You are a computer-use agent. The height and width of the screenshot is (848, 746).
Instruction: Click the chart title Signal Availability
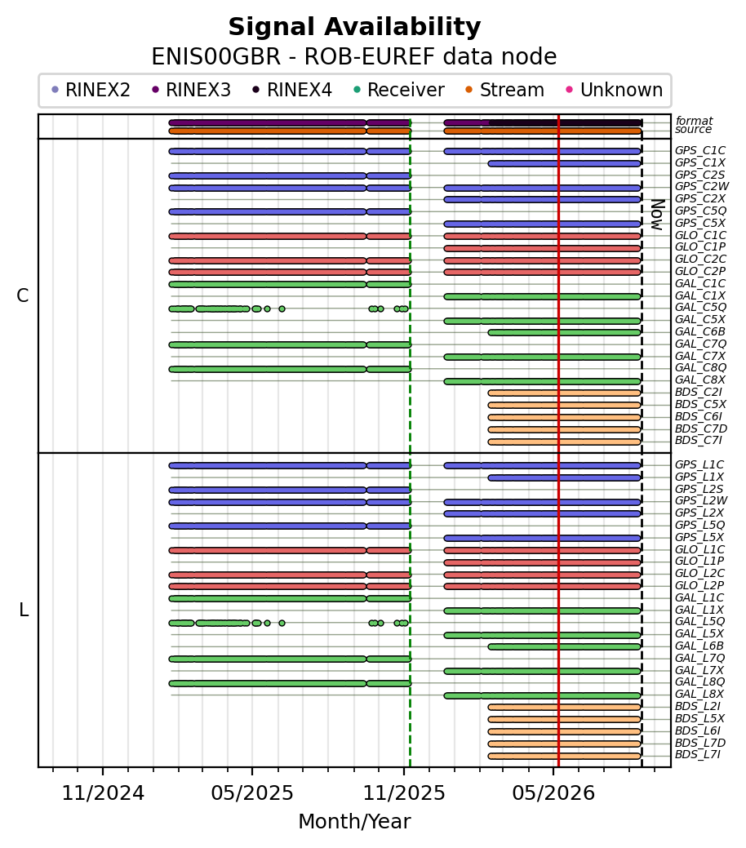coord(354,27)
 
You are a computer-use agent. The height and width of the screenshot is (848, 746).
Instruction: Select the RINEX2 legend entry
coord(91,90)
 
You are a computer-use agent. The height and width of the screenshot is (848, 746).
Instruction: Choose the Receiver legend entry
coord(398,90)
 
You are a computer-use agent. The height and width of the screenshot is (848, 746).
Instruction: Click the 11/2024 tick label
coord(103,793)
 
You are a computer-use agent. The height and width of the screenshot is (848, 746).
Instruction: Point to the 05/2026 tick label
coord(553,793)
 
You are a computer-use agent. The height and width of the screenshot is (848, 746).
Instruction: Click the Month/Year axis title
coord(354,822)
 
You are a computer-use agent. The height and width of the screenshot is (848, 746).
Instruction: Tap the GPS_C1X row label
coord(700,162)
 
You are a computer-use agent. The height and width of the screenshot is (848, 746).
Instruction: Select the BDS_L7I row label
coord(698,755)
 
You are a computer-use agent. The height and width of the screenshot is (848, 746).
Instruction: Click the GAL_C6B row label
coord(700,332)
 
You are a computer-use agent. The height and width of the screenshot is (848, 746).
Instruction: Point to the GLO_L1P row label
coord(699,562)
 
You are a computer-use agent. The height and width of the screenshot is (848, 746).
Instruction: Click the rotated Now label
coord(657,215)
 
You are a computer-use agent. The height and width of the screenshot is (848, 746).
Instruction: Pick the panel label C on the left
coord(22,295)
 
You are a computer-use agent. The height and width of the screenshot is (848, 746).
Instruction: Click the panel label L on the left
coord(24,610)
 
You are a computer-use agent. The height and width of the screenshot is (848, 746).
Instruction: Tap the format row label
coord(694,121)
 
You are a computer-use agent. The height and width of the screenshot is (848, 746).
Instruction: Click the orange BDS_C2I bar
coord(564,393)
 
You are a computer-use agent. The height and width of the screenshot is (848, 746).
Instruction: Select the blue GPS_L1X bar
coord(564,477)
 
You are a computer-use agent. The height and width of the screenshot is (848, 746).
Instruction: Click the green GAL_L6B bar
coord(564,647)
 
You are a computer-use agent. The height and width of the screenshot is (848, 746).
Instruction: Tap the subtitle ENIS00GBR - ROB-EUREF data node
coord(354,57)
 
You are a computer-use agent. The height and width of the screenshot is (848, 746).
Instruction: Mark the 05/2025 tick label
coord(252,793)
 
